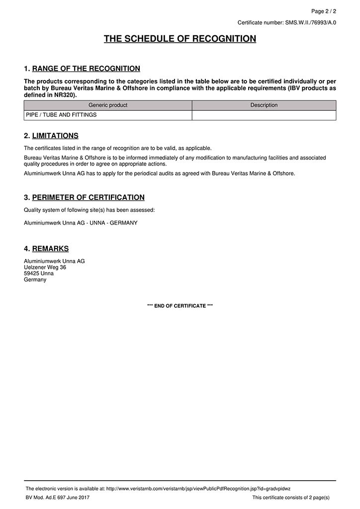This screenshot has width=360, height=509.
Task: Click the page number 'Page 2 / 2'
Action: (323, 11)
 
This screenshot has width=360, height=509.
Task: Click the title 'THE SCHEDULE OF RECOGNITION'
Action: (180, 39)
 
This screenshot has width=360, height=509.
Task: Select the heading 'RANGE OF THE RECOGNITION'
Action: (86, 69)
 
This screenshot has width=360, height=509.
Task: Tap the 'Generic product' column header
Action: (108, 105)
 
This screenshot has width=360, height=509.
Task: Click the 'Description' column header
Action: (264, 105)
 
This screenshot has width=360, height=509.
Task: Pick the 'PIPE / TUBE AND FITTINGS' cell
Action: (61, 115)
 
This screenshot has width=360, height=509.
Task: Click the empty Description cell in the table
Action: (264, 115)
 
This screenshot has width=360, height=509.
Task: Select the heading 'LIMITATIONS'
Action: (55, 136)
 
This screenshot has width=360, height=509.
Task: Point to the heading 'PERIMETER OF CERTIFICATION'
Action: (89, 197)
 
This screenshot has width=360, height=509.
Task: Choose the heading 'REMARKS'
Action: (50, 249)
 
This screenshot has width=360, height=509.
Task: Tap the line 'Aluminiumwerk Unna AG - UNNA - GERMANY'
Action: (81, 223)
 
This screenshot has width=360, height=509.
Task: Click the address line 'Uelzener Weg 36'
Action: (45, 267)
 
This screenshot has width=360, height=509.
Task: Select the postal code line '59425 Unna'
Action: (39, 273)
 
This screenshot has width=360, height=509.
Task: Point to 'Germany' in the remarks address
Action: (35, 279)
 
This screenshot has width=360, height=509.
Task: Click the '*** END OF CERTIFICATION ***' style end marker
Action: (180, 306)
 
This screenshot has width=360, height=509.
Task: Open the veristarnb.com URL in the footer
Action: (198, 489)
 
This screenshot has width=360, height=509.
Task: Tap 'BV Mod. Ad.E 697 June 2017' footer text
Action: (58, 497)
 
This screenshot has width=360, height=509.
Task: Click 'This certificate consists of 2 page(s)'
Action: (291, 497)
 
